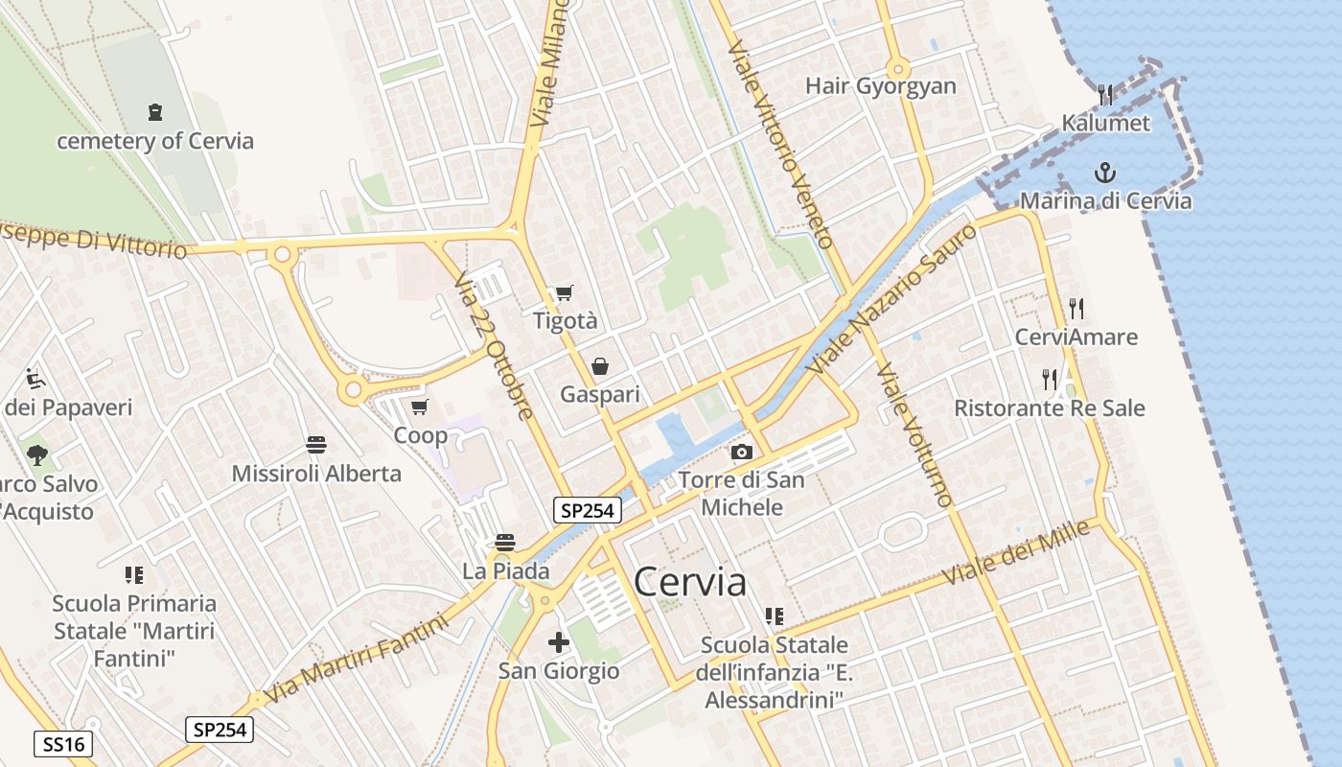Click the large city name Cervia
[x=690, y=582]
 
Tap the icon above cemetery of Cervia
[x=155, y=112]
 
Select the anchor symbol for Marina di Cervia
[x=1105, y=173]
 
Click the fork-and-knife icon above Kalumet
[x=1105, y=94]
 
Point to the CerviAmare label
[x=1076, y=337]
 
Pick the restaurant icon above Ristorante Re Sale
[x=1050, y=380]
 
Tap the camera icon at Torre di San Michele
[x=741, y=452]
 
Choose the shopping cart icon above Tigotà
[x=564, y=293]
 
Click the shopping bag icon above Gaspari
[x=600, y=366]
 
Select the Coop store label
[x=421, y=436]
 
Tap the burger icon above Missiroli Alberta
[x=316, y=444]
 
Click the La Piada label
[x=506, y=571]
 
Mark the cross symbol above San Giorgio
[x=559, y=641]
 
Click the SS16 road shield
[x=63, y=743]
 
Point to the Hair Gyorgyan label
[x=881, y=86]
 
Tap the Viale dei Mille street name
[x=1017, y=553]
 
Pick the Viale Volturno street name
[x=914, y=434]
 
